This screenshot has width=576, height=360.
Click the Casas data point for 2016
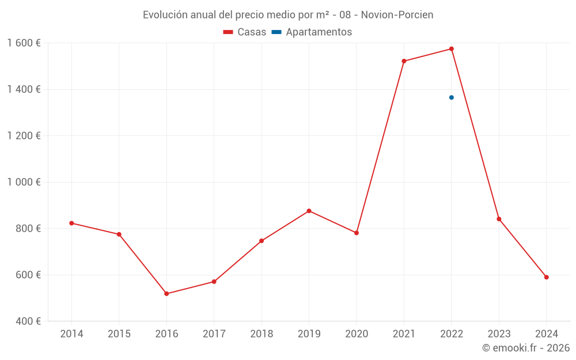166,294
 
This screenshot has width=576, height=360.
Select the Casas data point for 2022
452,49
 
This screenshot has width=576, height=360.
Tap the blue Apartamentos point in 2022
452,97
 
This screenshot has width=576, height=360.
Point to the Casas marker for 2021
404,61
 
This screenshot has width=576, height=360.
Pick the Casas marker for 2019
309,211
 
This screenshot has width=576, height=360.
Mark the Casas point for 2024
546,277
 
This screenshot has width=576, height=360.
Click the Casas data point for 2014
71,223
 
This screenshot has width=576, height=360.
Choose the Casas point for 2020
357,233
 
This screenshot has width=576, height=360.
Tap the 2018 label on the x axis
262,334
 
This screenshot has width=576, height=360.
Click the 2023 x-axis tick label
499,334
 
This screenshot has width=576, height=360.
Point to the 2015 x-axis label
119,334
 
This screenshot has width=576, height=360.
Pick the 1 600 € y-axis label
24,43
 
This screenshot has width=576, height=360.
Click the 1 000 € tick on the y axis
24,182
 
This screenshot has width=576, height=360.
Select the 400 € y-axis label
27,321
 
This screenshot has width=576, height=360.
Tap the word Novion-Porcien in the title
397,15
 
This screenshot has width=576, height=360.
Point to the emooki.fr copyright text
526,348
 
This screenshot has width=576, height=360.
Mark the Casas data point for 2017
214,282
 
